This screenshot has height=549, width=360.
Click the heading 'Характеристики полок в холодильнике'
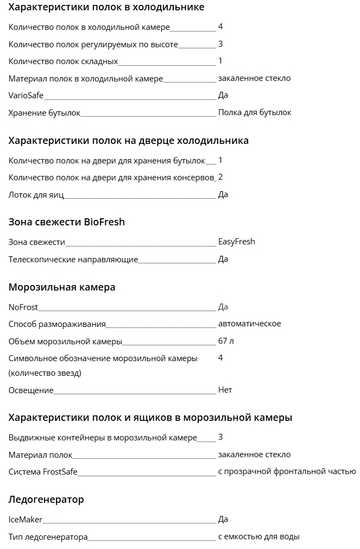point(106,8)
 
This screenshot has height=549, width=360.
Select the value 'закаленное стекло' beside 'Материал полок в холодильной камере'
point(254,78)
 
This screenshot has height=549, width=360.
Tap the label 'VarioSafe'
point(26,96)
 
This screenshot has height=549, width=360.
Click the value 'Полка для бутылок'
point(255,112)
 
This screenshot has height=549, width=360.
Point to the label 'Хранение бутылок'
point(45,113)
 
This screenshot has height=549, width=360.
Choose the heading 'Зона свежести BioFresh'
point(67,222)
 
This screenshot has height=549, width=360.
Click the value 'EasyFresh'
point(236,242)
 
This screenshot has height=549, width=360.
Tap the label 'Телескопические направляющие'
point(73,260)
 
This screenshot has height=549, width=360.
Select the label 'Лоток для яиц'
point(36,195)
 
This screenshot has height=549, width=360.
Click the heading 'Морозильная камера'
point(62,287)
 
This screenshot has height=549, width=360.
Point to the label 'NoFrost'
point(23,307)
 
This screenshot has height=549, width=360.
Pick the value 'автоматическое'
point(249,324)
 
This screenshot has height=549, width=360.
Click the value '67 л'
point(226,341)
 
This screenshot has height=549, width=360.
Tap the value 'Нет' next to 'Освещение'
point(225,390)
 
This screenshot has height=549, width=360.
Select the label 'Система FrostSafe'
point(43,472)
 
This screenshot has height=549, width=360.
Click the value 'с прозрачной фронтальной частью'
point(287,471)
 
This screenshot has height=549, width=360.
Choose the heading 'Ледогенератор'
point(46,500)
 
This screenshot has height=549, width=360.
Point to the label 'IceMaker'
point(26,520)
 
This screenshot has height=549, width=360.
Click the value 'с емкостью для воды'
point(258,537)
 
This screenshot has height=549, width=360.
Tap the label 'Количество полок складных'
point(63,61)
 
